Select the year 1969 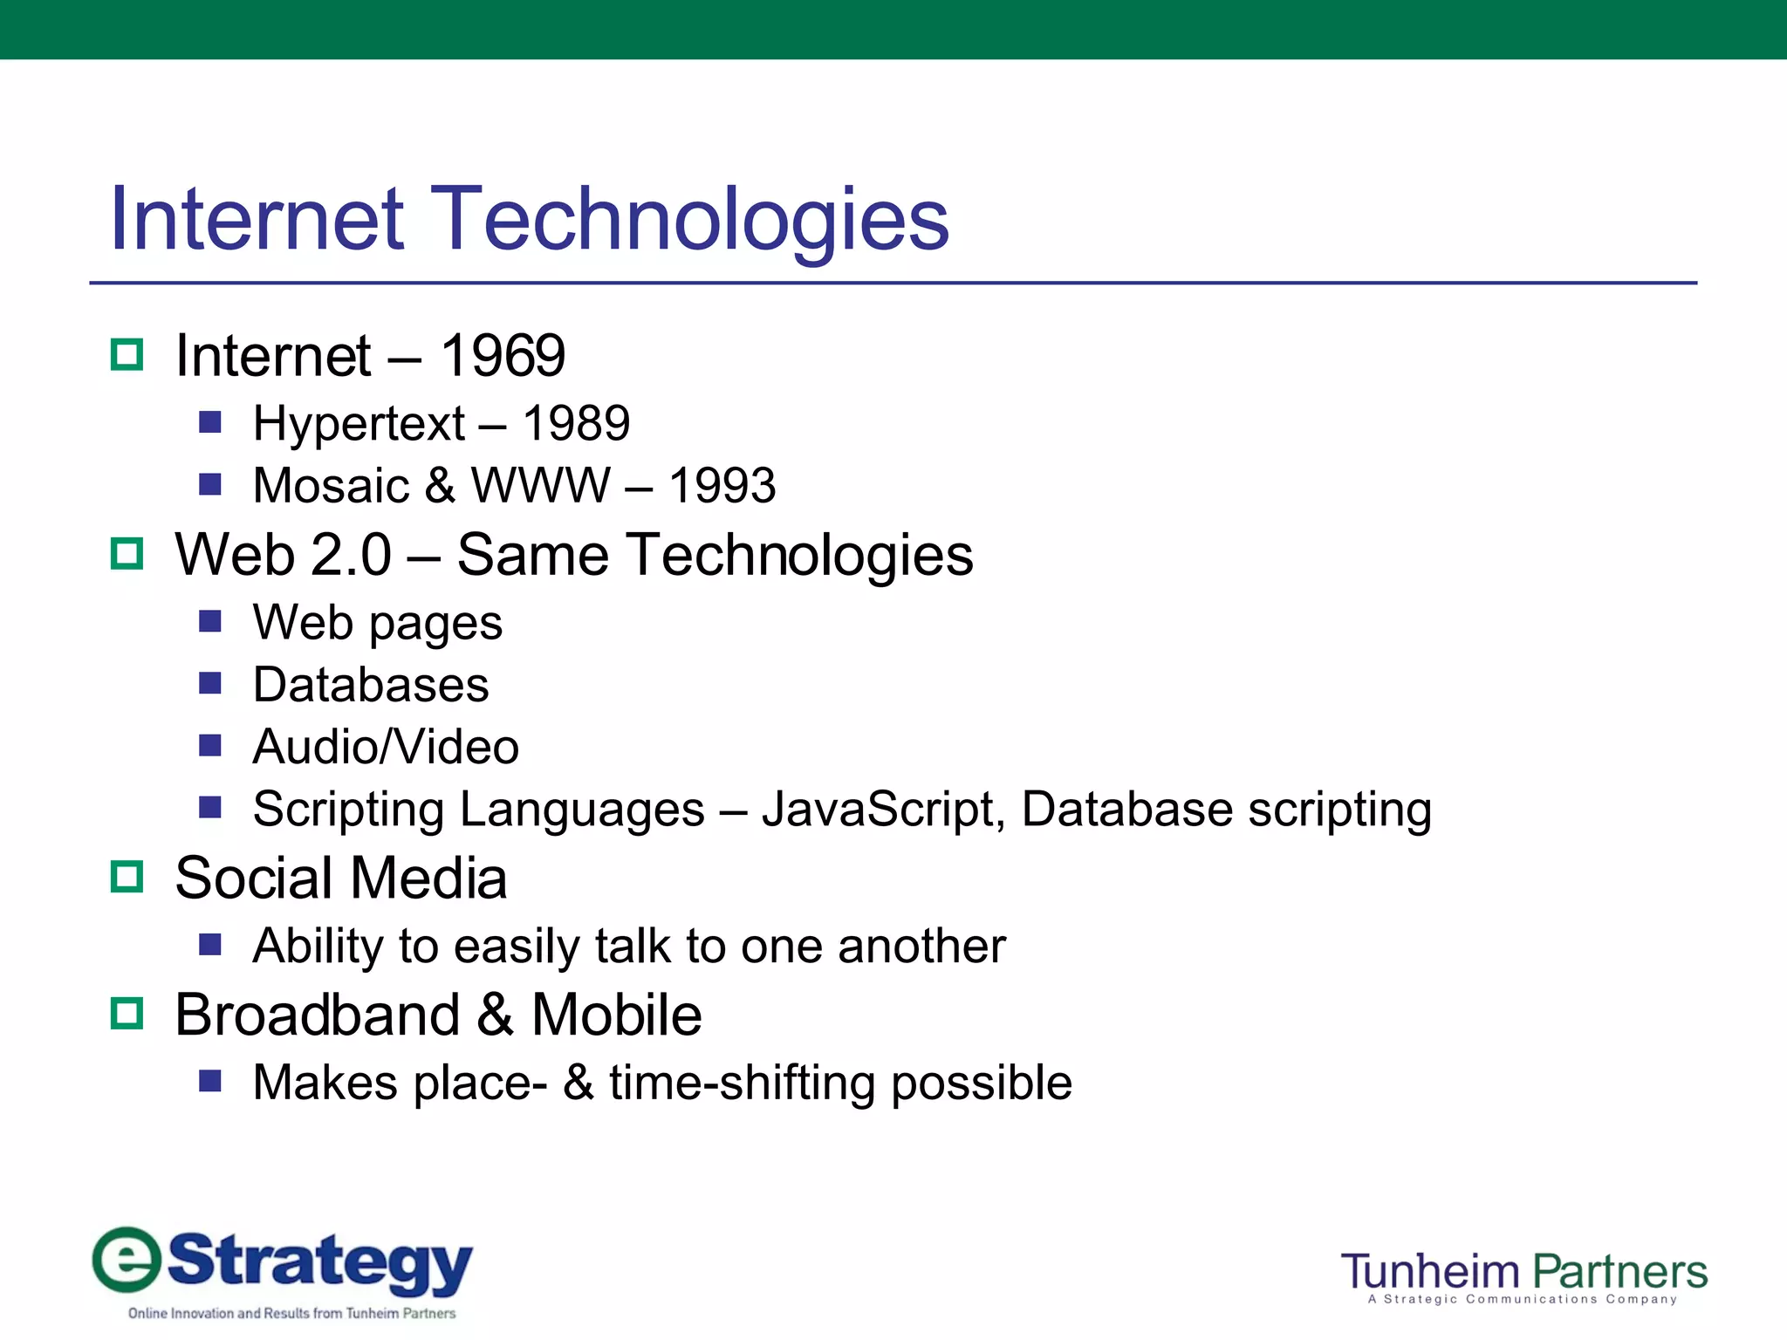point(503,356)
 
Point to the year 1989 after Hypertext point(576,424)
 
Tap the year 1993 point(722,486)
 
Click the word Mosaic point(331,486)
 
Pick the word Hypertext point(359,424)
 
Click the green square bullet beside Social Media point(127,877)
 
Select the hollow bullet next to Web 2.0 point(127,554)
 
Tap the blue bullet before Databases point(210,683)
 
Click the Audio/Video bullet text point(386,748)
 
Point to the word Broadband point(317,1015)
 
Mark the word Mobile point(616,1015)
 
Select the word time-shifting point(742,1084)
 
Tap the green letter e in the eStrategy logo point(127,1261)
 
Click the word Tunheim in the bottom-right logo point(1430,1272)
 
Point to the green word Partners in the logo point(1619,1272)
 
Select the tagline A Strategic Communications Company point(1523,1300)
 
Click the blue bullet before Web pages point(210,621)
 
